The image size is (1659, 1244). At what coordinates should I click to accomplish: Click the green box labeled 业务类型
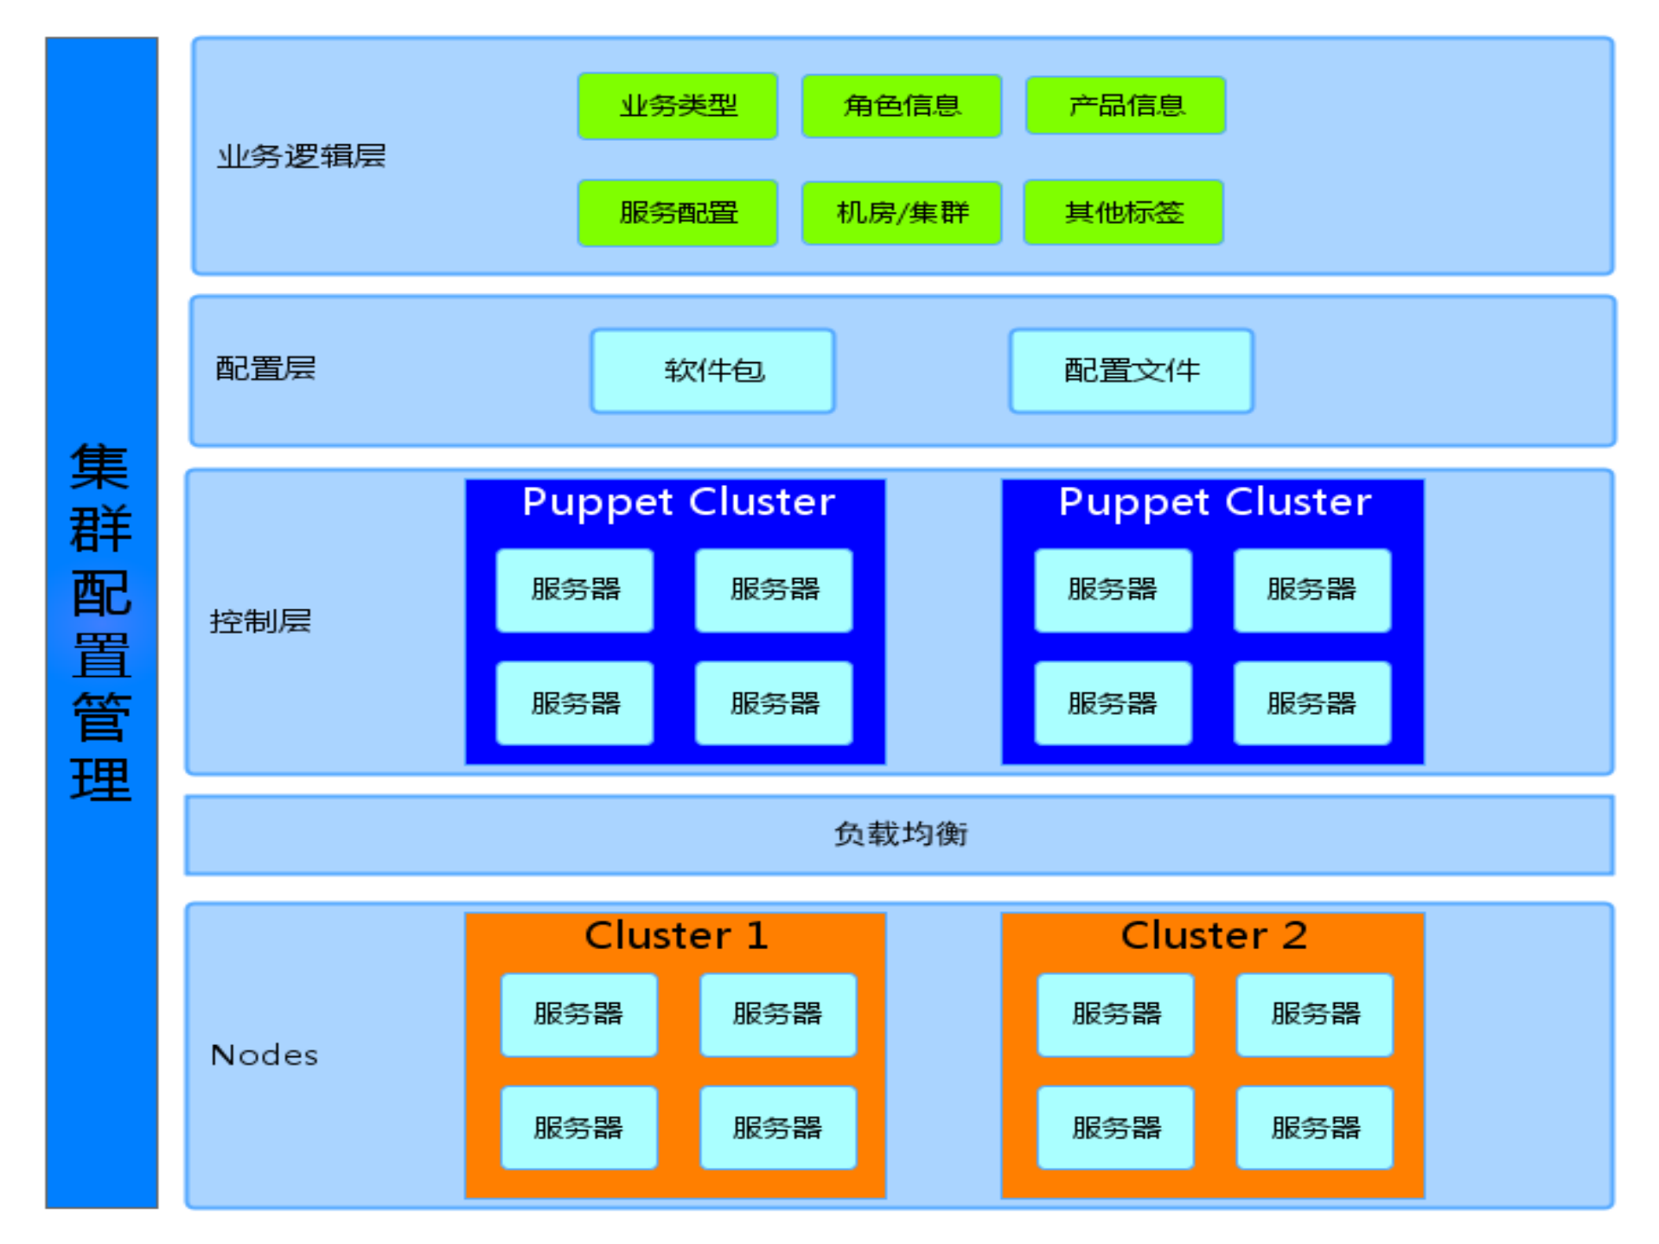677,105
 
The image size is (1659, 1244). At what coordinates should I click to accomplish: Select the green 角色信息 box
901,105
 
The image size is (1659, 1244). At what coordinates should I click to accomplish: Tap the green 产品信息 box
1125,105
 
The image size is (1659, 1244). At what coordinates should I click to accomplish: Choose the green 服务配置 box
677,213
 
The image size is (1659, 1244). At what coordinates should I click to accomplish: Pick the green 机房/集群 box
901,213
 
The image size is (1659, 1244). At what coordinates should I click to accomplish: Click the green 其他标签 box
1123,213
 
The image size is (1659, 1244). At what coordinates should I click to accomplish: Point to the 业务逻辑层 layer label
301,156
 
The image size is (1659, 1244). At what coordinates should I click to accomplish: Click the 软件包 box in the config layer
712,371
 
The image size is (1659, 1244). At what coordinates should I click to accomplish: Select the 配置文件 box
1131,371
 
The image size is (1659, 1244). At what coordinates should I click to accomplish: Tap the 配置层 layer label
265,368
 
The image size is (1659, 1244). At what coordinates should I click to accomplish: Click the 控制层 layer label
260,621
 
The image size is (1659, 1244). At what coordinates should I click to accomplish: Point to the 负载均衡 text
900,834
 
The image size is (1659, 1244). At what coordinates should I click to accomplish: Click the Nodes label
265,1055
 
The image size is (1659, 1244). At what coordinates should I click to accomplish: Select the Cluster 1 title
676,935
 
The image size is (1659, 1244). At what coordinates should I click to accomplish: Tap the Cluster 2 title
1213,935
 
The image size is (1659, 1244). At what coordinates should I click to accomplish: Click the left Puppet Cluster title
678,502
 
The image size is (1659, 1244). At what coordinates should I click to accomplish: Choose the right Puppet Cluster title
1215,502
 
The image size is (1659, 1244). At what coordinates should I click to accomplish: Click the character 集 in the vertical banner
100,467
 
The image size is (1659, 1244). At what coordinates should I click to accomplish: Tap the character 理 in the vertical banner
100,781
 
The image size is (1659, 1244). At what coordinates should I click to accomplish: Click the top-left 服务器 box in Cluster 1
578,1014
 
